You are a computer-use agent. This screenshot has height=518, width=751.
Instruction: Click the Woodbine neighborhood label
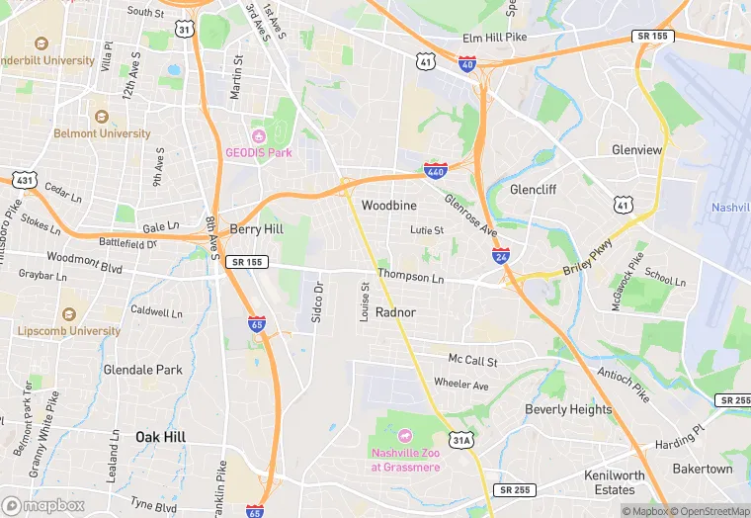pyautogui.click(x=388, y=206)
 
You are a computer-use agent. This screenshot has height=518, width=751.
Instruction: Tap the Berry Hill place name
pyautogui.click(x=256, y=228)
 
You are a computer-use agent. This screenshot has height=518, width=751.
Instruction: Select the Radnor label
pyautogui.click(x=395, y=312)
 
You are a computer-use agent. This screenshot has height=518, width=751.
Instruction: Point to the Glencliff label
pyautogui.click(x=536, y=189)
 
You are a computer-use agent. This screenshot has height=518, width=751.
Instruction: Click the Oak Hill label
pyautogui.click(x=159, y=436)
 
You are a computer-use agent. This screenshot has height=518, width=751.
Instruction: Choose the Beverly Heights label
pyautogui.click(x=568, y=409)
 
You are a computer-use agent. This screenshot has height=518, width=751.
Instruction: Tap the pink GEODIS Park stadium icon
pyautogui.click(x=259, y=135)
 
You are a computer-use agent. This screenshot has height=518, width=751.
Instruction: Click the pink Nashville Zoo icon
pyautogui.click(x=404, y=436)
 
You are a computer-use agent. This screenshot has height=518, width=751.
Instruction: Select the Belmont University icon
pyautogui.click(x=99, y=116)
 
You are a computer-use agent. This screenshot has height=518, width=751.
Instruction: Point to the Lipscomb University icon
pyautogui.click(x=68, y=313)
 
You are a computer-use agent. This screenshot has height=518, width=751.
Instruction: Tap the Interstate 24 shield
pyautogui.click(x=501, y=255)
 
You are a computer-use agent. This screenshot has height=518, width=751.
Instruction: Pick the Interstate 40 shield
pyautogui.click(x=468, y=63)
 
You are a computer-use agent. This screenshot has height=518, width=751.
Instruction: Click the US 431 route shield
pyautogui.click(x=24, y=180)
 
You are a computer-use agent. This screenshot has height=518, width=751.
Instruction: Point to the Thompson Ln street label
pyautogui.click(x=410, y=278)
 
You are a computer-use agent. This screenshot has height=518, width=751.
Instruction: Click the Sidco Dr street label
pyautogui.click(x=318, y=302)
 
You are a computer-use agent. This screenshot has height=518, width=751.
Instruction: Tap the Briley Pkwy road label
pyautogui.click(x=591, y=259)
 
